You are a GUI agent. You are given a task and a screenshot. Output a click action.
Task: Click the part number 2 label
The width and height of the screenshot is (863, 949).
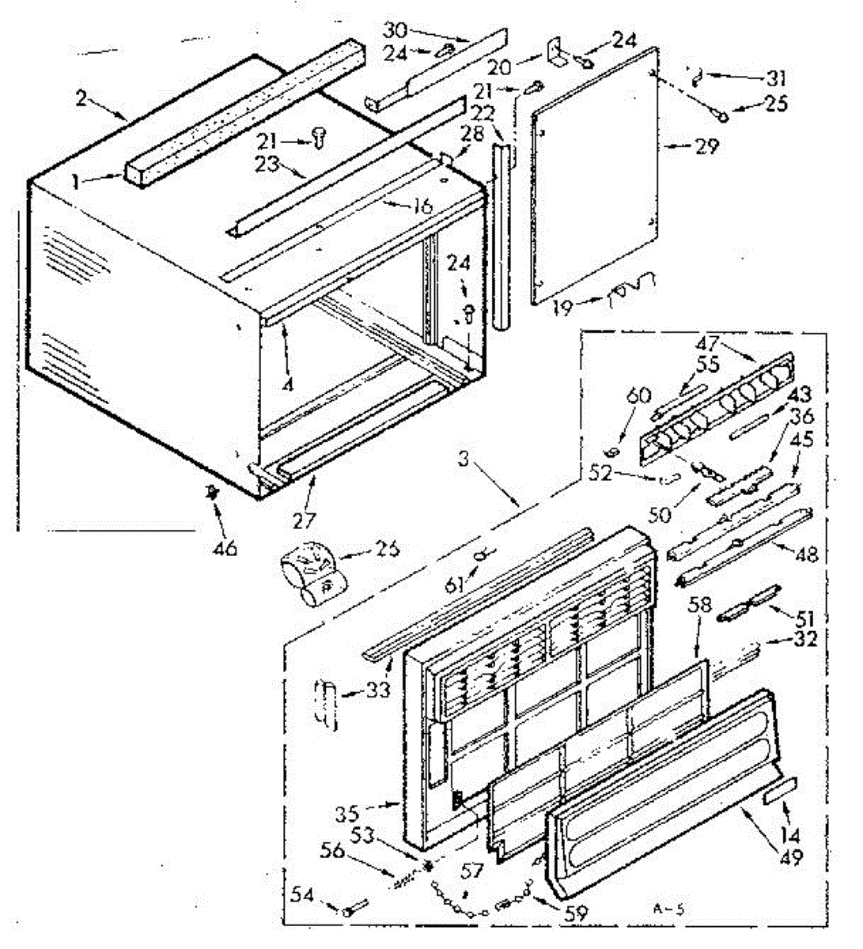tap(81, 100)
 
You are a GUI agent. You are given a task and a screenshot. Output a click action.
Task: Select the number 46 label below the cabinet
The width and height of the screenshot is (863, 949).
tap(226, 547)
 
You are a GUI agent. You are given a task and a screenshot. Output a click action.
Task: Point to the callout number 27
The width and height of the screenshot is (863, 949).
tap(304, 520)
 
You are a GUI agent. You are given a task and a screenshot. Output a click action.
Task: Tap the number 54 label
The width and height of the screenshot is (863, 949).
tap(304, 897)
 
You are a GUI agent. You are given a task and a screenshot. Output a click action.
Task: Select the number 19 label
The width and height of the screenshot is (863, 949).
tap(562, 307)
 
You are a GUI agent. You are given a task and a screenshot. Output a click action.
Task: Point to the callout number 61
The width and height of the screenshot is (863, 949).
tap(454, 586)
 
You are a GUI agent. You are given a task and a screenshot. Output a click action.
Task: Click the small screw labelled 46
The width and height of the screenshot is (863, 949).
tap(211, 493)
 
